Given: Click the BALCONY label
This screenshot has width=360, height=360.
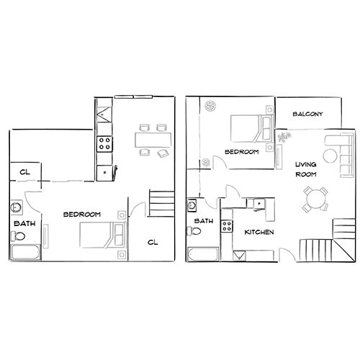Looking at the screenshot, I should [x=307, y=114].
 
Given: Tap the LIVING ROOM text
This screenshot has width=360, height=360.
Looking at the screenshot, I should [x=307, y=171].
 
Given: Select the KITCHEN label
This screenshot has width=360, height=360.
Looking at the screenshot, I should [x=258, y=233].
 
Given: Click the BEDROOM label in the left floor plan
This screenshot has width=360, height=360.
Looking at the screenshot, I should [x=81, y=214].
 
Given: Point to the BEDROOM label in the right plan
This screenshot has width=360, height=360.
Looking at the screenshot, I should [x=241, y=152].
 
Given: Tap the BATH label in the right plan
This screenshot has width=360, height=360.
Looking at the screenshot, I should [x=204, y=221].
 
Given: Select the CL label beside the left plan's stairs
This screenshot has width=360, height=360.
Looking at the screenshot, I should [x=153, y=242].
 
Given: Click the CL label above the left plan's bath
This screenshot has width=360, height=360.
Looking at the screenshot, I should [x=24, y=171].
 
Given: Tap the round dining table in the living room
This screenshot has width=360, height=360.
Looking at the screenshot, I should [x=313, y=198].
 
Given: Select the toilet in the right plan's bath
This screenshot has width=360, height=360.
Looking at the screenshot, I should [x=194, y=232].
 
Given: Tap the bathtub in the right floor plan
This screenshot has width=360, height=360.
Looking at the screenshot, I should [x=204, y=254].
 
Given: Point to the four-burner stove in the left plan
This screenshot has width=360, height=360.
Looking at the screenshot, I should [x=104, y=141].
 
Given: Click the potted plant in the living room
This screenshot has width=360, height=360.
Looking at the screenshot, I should [x=286, y=135].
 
